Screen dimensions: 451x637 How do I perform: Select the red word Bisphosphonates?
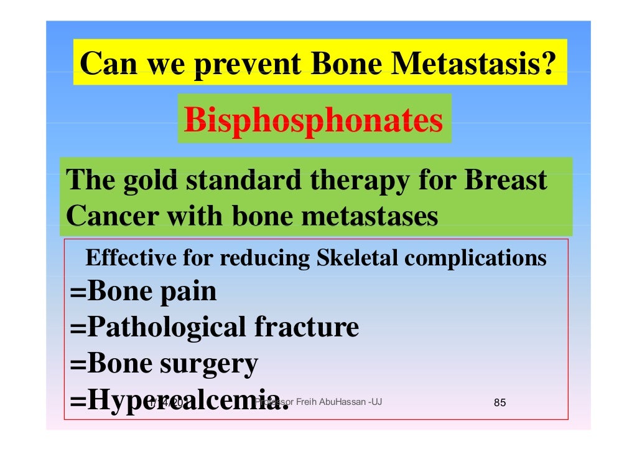coord(314,120)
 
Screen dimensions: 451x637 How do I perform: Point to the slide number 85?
coord(500,402)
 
